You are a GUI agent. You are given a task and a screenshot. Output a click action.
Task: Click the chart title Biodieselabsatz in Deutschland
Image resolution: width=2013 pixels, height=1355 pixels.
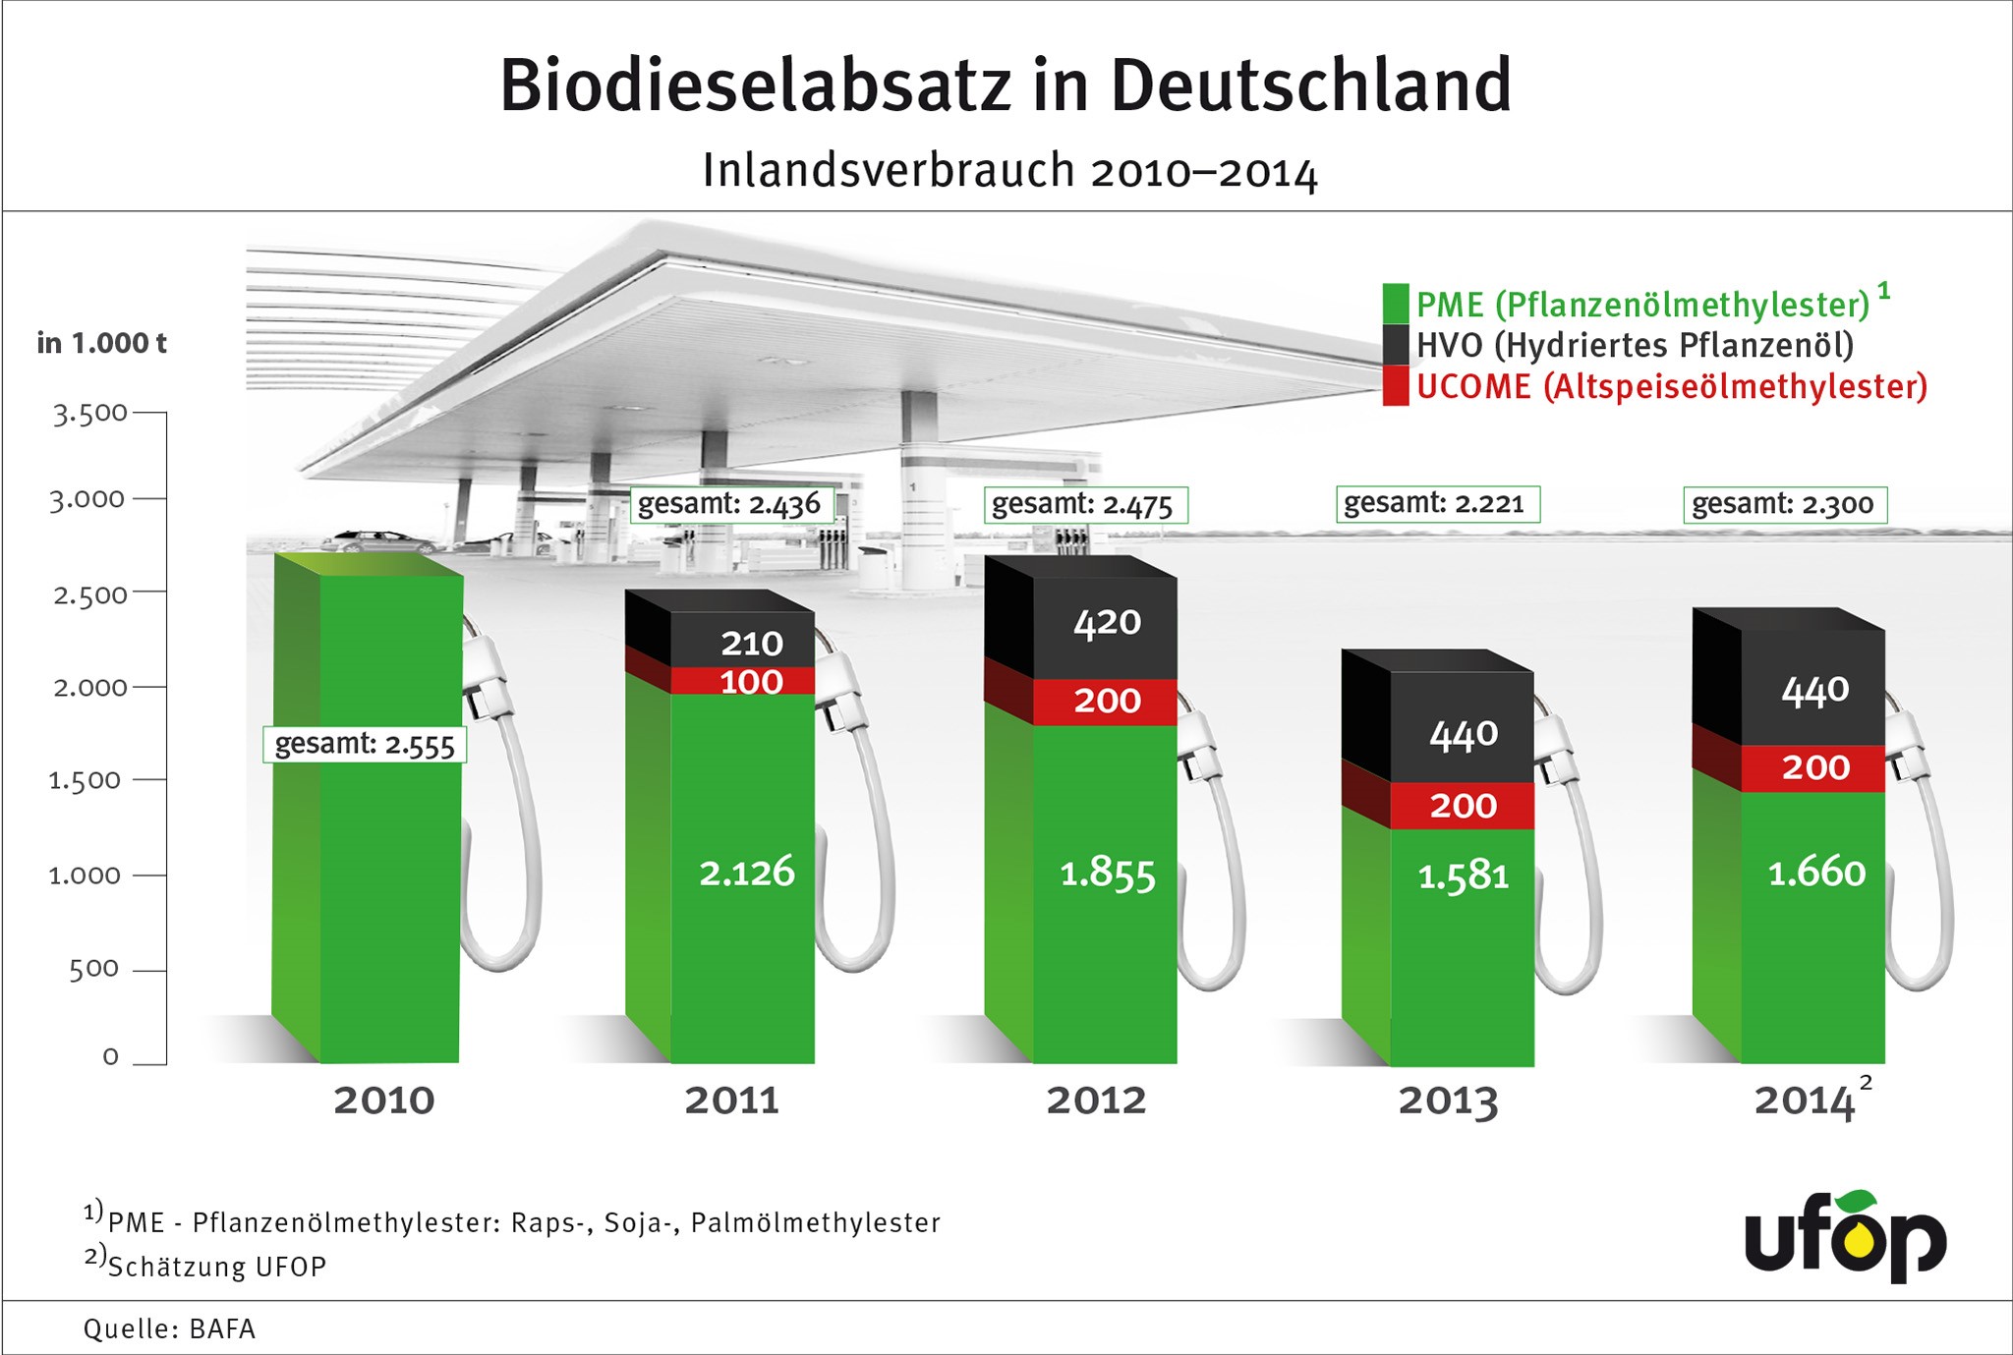point(1005,86)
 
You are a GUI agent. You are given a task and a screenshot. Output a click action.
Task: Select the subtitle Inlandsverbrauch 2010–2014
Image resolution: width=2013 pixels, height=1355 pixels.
point(1009,172)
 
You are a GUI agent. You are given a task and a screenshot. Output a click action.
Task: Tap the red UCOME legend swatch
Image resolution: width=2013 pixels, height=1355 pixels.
point(1395,386)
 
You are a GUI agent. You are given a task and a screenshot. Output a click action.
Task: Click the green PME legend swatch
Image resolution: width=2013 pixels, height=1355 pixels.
point(1395,304)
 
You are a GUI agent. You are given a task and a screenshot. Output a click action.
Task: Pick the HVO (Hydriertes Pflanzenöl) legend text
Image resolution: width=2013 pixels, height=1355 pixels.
point(1635,346)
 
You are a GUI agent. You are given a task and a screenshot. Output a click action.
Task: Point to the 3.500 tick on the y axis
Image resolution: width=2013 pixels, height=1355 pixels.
point(90,414)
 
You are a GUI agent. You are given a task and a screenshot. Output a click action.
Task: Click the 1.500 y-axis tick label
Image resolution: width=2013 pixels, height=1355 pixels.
point(86,781)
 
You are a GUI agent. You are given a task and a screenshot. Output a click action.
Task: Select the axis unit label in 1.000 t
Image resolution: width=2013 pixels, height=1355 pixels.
point(101,343)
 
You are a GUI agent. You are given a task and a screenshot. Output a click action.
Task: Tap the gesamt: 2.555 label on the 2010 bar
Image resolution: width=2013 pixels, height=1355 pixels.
point(365,745)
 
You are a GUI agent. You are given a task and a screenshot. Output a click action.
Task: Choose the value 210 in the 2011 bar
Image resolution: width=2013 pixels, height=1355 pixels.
point(752,644)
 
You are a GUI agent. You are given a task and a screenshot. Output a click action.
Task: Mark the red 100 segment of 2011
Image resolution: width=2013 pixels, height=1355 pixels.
point(752,682)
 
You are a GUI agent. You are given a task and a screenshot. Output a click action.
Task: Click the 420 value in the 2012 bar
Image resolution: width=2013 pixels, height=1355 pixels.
point(1107,623)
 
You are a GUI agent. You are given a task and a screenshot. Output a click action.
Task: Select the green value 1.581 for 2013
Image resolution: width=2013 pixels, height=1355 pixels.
point(1463,875)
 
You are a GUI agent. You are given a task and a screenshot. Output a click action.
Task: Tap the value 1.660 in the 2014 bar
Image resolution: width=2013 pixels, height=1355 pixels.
point(1815,873)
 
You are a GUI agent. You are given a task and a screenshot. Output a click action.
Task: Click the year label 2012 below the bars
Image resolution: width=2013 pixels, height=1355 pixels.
point(1096,1101)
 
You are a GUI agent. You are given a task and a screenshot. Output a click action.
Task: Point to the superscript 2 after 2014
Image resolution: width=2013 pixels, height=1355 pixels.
point(1866,1083)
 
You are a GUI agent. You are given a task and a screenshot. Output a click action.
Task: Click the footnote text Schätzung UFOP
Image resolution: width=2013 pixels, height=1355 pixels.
point(217,1267)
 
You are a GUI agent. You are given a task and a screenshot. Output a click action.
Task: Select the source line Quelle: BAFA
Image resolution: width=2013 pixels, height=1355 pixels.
point(169,1329)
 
